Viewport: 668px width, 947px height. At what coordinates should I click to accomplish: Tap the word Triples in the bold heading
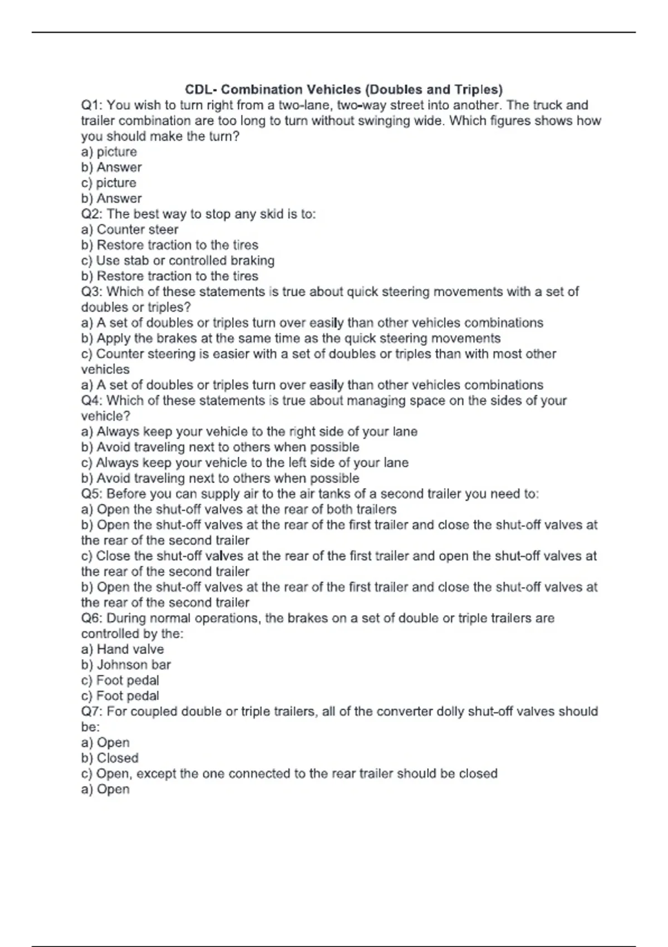click(476, 90)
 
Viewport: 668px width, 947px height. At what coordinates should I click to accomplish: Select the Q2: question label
click(92, 214)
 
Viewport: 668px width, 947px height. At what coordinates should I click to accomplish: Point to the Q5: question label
click(92, 494)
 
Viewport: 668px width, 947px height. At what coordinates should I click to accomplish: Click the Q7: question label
click(92, 711)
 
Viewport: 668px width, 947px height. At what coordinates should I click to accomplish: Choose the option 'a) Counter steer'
click(130, 230)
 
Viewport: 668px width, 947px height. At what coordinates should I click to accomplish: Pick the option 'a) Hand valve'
click(122, 649)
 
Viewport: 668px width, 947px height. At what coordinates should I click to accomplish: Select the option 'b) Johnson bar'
click(126, 665)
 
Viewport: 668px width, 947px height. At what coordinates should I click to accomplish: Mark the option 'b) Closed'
click(110, 758)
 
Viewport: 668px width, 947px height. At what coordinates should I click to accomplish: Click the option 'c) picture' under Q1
click(109, 183)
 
